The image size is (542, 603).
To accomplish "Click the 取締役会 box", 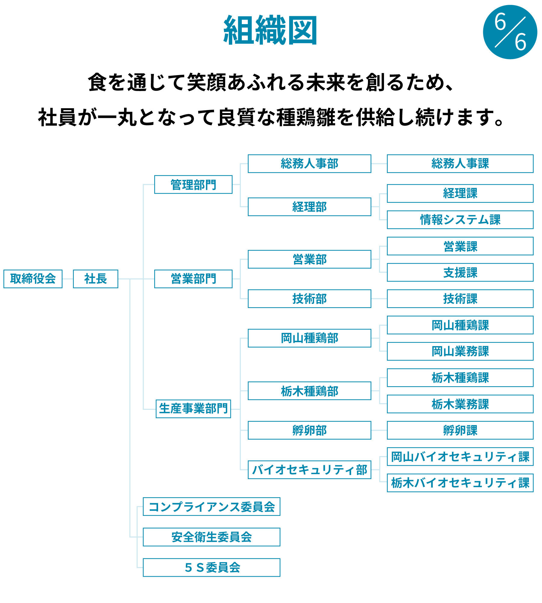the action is pos(33,279).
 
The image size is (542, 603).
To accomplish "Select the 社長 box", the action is pos(95,279).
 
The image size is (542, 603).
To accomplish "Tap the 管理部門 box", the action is pos(193,185).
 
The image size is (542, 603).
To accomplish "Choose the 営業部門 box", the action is pos(193,279).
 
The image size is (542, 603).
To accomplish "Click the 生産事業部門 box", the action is pos(193,409).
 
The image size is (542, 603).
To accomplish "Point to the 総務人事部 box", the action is pos(310,164).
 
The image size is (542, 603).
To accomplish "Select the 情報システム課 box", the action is pos(460,220).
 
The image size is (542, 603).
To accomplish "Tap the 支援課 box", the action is pos(460,273).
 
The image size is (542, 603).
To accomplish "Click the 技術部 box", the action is pos(310,299).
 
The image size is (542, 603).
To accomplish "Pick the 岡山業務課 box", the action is pos(460,352).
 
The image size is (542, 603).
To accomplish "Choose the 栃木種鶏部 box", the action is pos(310,391).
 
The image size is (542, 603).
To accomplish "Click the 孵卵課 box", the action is pos(460,430).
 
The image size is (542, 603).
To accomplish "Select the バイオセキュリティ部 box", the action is pos(310,470).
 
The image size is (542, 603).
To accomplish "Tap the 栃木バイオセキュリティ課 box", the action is pos(460,483).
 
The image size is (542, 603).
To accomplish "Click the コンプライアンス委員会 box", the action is pos(211,507).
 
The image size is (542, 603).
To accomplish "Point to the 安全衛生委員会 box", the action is pos(211,537).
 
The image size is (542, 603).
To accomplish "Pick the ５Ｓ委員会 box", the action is pos(211,568).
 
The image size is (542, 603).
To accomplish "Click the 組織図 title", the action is pos(270,30).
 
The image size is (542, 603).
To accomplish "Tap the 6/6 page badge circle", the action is pos(510,32).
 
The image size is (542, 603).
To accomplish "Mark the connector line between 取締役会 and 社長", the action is pos(68,279).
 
